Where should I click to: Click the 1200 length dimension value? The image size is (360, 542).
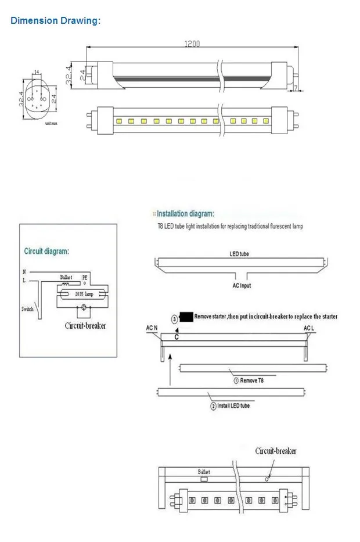[192, 44]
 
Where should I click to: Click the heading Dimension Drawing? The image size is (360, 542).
[55, 21]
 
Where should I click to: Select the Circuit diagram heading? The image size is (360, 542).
[46, 252]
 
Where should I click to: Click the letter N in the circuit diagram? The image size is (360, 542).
[24, 271]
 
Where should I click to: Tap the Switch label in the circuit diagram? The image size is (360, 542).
[28, 309]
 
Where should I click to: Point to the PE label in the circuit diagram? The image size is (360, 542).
[85, 278]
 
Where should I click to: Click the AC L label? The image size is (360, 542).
[309, 329]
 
